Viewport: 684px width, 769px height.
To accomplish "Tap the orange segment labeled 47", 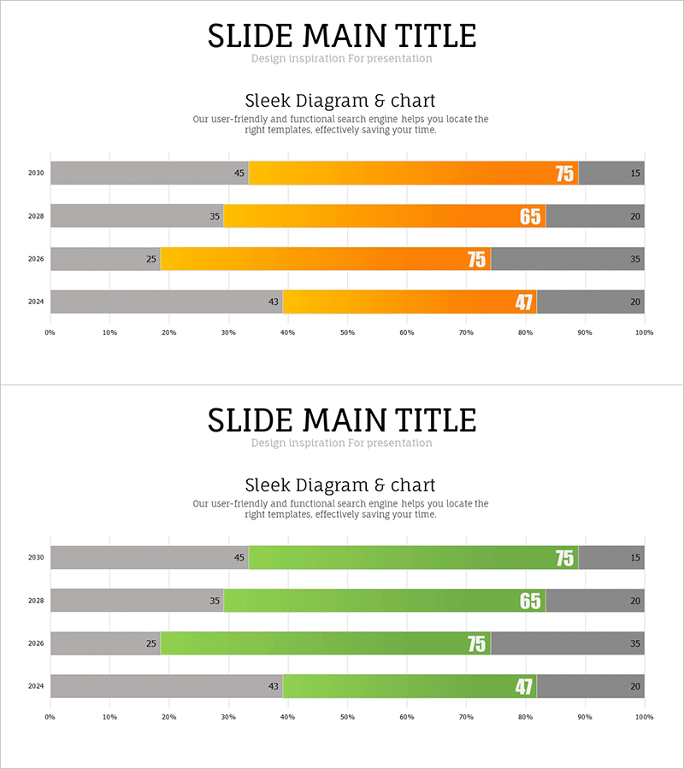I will [402, 302].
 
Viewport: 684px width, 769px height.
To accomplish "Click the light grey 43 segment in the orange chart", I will [162, 302].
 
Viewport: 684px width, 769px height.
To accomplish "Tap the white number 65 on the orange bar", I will [531, 217].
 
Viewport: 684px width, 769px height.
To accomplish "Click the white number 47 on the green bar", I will [524, 687].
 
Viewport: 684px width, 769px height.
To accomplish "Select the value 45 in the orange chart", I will [239, 173].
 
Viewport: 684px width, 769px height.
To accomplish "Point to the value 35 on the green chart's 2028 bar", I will [215, 601].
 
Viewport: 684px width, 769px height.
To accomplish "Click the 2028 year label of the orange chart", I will [35, 216].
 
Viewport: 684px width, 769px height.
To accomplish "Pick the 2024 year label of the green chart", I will [35, 686].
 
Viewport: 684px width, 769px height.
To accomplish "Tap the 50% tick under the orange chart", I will [347, 332].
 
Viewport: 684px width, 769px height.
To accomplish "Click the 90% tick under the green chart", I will [585, 717].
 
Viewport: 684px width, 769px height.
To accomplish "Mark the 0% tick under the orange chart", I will [50, 332].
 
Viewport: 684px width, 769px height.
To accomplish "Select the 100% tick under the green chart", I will [644, 717].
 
